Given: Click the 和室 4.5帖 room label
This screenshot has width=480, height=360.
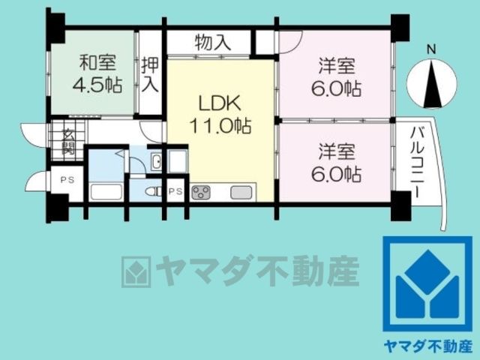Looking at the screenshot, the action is point(97,73).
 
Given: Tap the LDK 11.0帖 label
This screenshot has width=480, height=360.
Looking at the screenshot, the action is point(220,114).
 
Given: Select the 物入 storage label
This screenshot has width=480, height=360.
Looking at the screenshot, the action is point(213,42).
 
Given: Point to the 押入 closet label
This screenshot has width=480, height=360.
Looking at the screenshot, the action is point(150,74).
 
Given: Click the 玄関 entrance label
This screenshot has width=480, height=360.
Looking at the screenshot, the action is point(68,142).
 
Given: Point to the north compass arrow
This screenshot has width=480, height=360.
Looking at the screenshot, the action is point(432,84).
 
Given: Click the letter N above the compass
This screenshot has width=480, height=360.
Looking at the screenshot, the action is point(432,50).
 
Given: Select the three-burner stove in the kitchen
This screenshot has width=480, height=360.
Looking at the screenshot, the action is point(201,193).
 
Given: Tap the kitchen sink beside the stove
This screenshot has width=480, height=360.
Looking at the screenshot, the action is point(241,193).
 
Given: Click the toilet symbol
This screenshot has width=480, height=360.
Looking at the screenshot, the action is point(154,192).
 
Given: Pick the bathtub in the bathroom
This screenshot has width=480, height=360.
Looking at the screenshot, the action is point(106,192).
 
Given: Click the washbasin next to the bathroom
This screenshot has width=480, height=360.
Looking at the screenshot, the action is point(157,161).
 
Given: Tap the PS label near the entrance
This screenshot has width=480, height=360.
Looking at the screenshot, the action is point(67,180).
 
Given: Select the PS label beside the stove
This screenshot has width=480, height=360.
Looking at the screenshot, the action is point(175,192).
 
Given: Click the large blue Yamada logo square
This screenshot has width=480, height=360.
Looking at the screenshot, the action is point(427,283).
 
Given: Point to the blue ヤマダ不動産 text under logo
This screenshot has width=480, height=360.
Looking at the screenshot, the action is point(428,346).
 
